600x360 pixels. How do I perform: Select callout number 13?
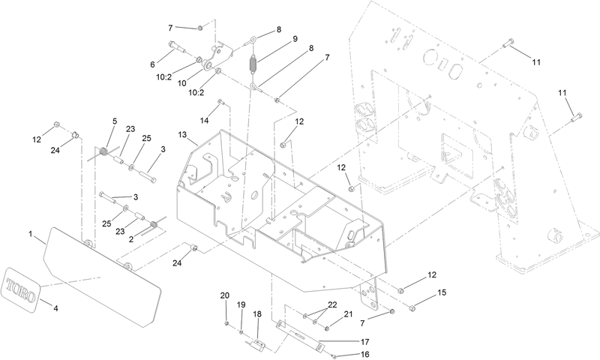182,134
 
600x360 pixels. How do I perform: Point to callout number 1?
31,235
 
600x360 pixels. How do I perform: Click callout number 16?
366,354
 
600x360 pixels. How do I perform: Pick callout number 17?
365,340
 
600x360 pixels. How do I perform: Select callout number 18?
257,314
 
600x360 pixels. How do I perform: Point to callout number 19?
241,304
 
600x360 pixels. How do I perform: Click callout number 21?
347,313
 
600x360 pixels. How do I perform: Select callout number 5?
115,121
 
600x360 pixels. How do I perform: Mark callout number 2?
131,238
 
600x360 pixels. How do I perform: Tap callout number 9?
274,38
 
